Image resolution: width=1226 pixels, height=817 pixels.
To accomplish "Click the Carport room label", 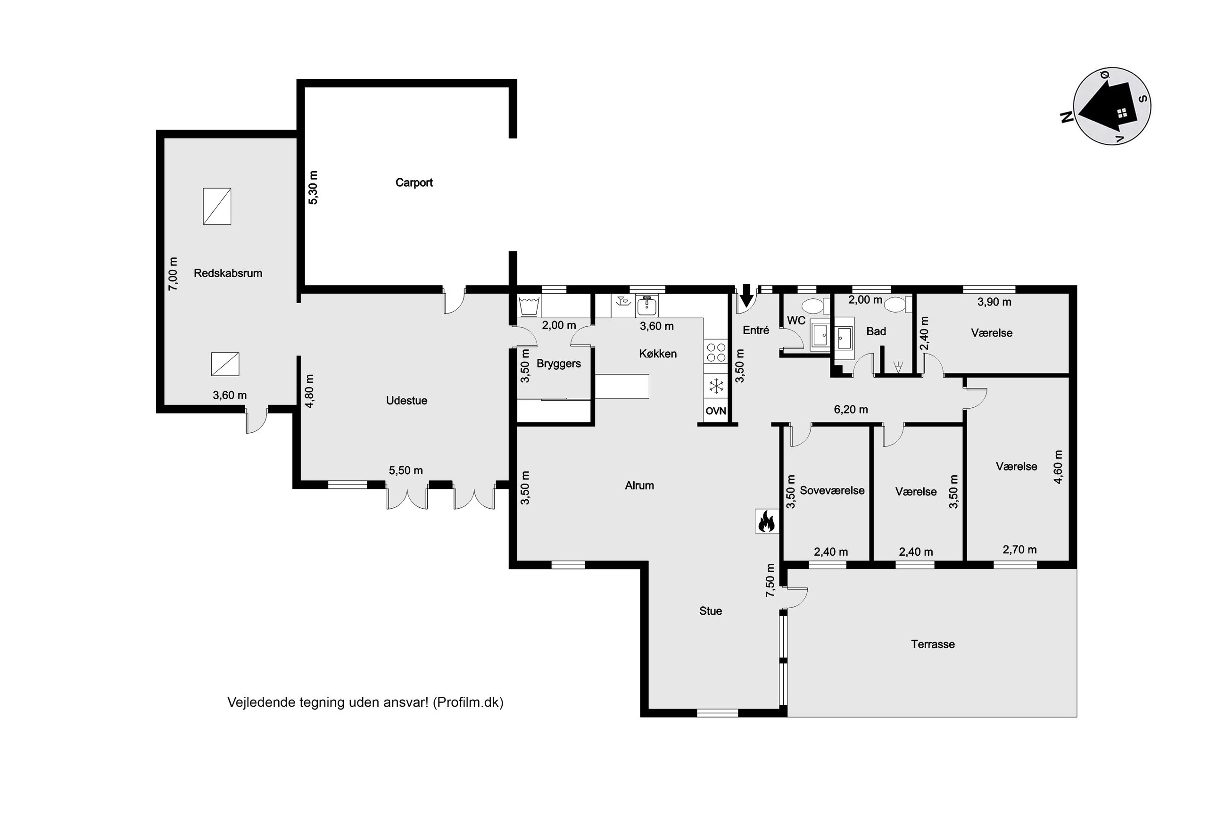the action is (x=414, y=182).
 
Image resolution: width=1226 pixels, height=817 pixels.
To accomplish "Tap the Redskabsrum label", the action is (x=228, y=273).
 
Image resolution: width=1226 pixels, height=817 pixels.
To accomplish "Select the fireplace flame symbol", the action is (x=766, y=520).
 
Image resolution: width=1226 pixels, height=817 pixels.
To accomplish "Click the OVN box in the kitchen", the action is (x=715, y=411).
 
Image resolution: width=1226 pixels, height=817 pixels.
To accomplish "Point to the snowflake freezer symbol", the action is (x=715, y=386).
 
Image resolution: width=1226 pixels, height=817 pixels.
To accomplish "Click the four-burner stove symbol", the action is (x=716, y=352).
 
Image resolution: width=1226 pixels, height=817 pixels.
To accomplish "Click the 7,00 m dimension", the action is (x=173, y=274).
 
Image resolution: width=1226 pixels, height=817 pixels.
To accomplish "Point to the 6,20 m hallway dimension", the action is (x=851, y=410).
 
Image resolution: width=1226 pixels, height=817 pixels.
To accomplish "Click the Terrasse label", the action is (x=933, y=644).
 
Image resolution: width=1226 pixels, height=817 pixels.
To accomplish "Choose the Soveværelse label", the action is (x=832, y=490).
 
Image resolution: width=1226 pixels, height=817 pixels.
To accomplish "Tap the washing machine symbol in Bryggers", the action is (x=530, y=306).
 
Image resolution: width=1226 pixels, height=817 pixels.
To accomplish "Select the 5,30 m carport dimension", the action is (x=313, y=188).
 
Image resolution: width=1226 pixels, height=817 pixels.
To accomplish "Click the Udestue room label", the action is (x=406, y=401).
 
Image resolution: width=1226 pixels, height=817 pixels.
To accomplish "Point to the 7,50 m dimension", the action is (x=770, y=580).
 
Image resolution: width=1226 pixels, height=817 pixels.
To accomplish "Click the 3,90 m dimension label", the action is (x=994, y=302).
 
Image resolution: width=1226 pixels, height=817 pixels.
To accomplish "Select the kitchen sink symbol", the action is (x=646, y=306).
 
